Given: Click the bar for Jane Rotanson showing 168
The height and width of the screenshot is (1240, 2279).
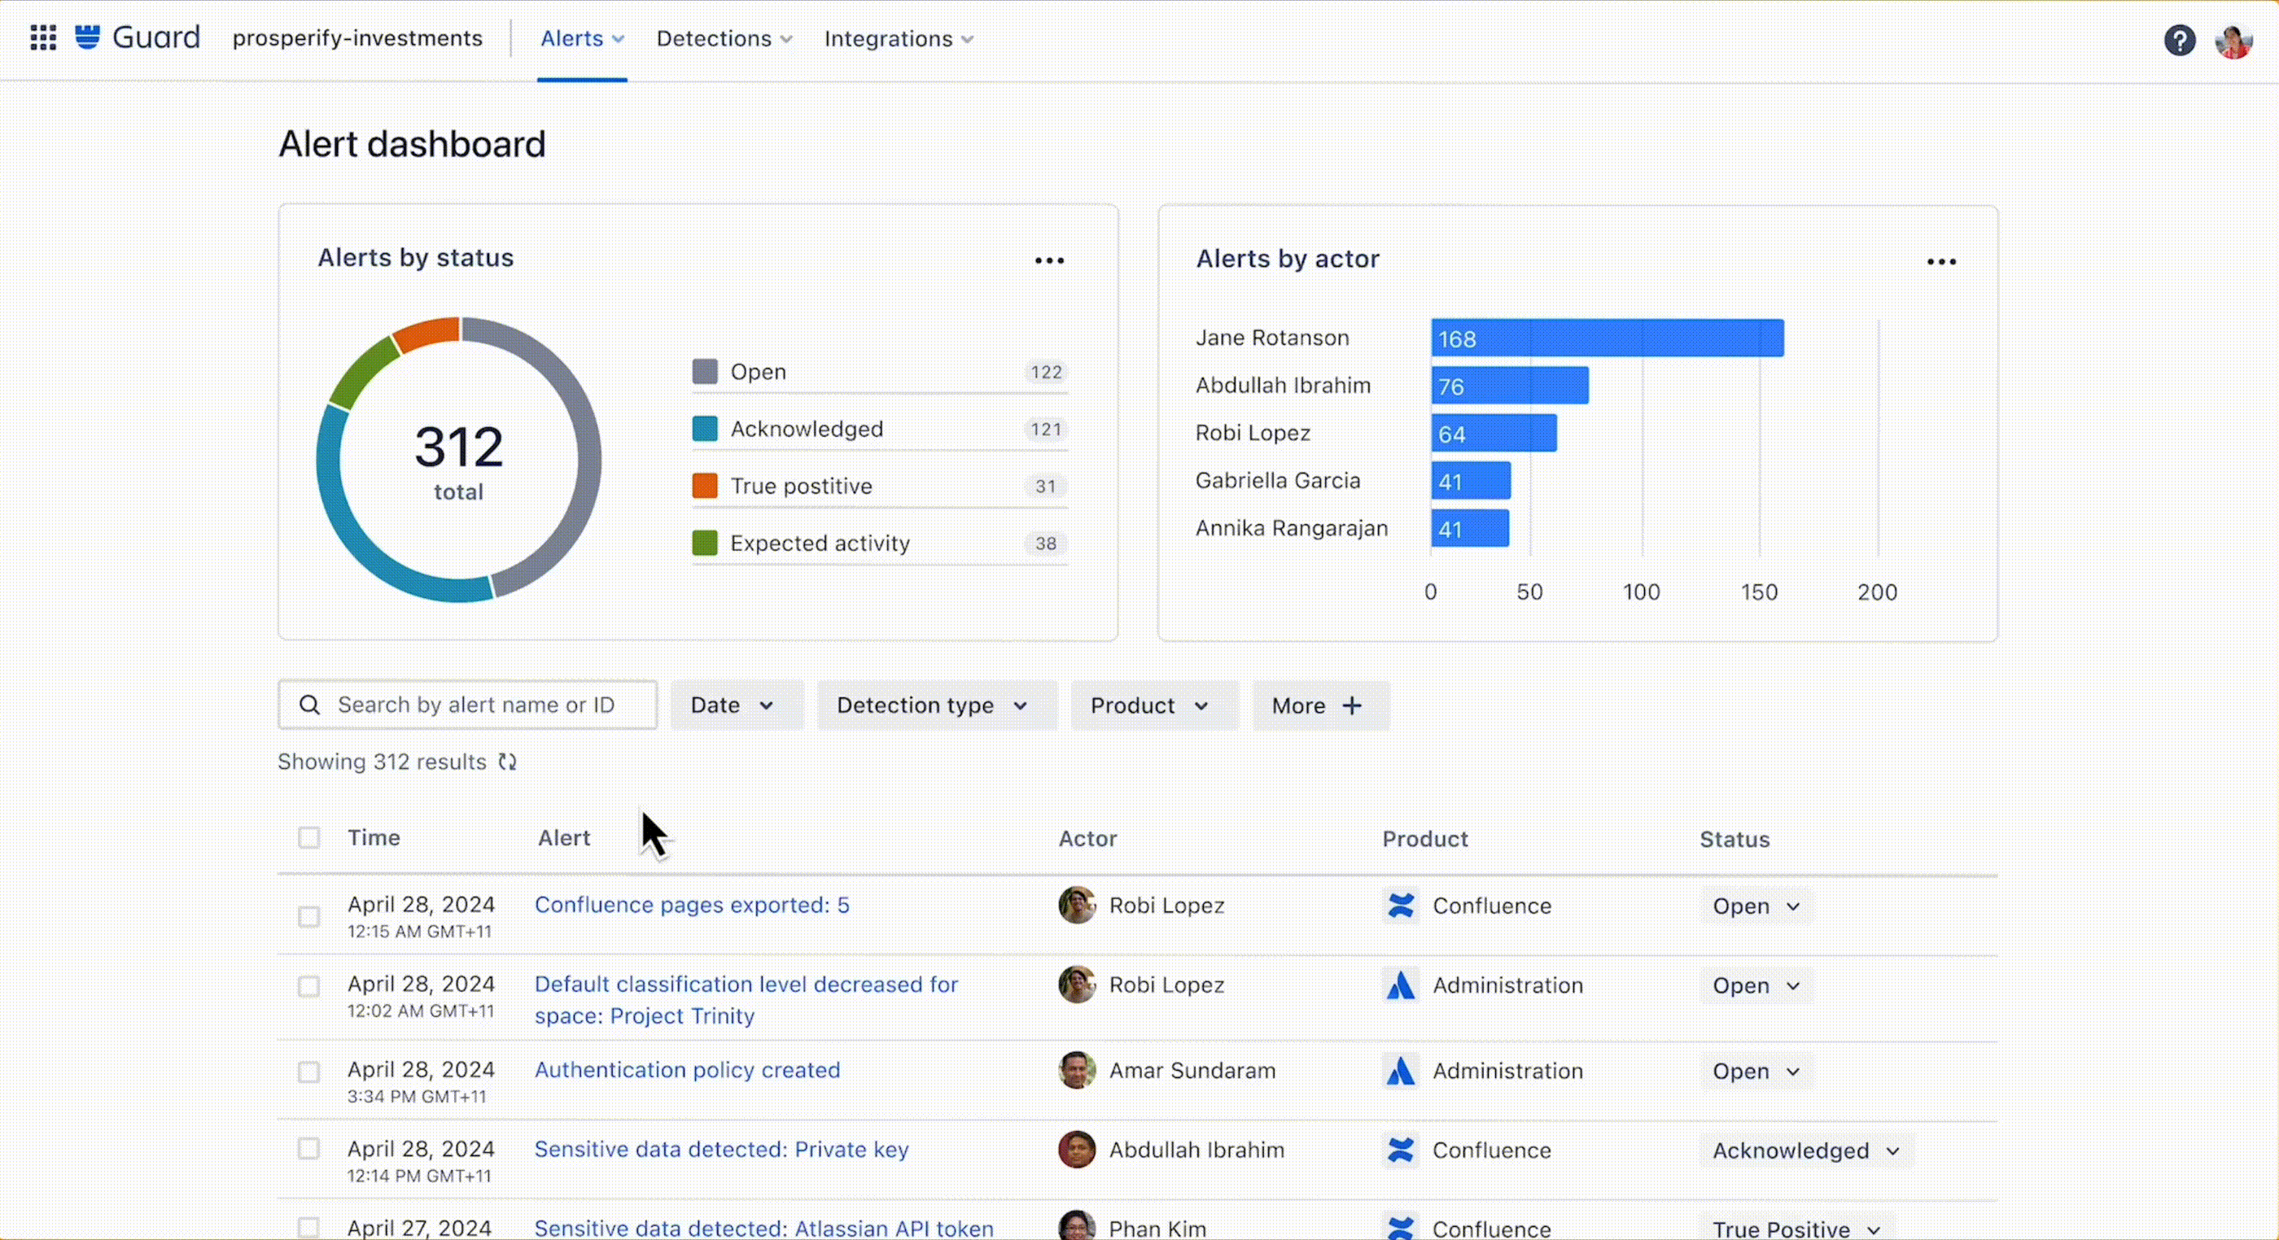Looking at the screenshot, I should click(1607, 338).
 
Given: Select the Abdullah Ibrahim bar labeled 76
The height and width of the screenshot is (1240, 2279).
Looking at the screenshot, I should click(1509, 386).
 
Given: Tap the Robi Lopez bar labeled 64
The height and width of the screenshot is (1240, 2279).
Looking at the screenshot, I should click(1494, 434).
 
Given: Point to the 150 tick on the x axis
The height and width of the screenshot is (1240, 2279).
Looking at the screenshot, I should click(1759, 592).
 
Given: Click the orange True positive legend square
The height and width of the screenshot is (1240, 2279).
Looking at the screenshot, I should click(704, 486).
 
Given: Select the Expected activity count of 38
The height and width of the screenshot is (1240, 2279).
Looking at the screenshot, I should click(1046, 543).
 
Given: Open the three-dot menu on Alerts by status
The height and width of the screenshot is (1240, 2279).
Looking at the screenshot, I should click(1049, 261).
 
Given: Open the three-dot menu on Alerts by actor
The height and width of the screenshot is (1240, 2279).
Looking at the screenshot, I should click(1941, 262).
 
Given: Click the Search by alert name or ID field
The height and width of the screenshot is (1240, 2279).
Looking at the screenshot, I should click(478, 705).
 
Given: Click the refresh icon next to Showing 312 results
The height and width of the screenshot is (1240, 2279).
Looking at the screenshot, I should click(507, 762).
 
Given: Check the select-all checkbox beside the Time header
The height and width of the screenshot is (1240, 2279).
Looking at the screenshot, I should click(308, 837).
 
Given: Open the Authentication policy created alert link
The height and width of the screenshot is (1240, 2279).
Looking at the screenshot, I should click(686, 1070).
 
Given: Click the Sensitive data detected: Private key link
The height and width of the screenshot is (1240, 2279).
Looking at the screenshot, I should click(721, 1149).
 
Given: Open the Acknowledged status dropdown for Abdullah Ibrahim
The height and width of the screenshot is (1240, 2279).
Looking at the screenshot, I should click(1804, 1150).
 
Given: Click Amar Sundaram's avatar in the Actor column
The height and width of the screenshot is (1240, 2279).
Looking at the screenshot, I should click(1076, 1070).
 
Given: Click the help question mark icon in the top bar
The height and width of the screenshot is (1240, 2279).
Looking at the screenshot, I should click(2179, 40).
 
